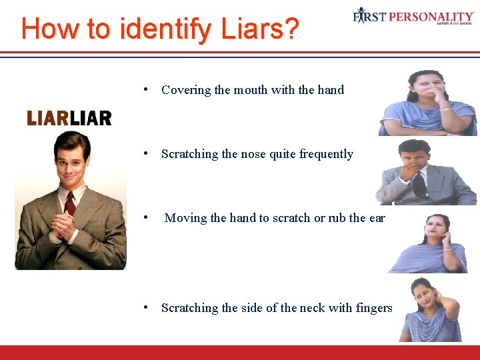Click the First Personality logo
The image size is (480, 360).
point(413,15)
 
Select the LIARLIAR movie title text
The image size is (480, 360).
point(69,119)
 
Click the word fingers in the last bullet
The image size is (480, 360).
point(373,307)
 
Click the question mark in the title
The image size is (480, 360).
point(291,29)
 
